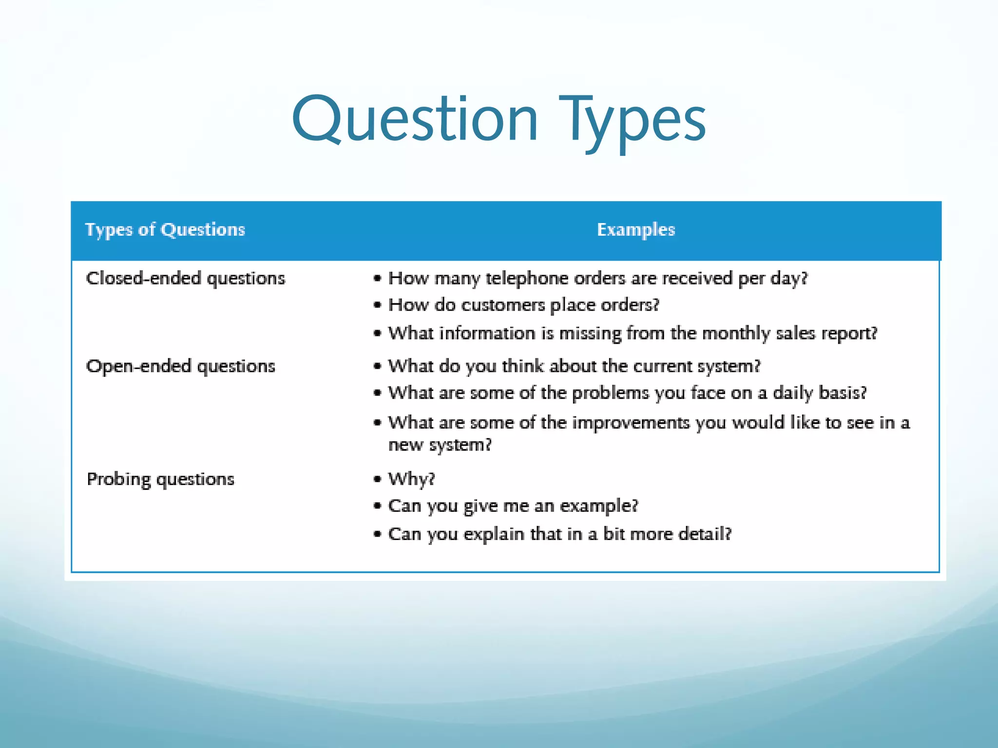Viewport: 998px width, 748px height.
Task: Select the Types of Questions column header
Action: (x=165, y=229)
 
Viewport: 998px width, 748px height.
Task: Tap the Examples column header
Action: (x=636, y=229)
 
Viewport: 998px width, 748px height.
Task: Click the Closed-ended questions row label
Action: (x=186, y=279)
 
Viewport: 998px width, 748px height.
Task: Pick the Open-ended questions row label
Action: (x=181, y=366)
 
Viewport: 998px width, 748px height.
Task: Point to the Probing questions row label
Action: (x=161, y=479)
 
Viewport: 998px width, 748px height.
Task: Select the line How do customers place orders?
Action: (x=523, y=305)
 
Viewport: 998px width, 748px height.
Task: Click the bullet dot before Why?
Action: (x=377, y=479)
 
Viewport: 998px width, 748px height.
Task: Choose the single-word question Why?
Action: (x=411, y=479)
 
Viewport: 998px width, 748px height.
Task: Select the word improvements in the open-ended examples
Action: (x=631, y=423)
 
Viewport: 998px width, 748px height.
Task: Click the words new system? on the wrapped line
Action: (x=440, y=445)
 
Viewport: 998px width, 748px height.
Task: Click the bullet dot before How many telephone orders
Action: (x=377, y=279)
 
